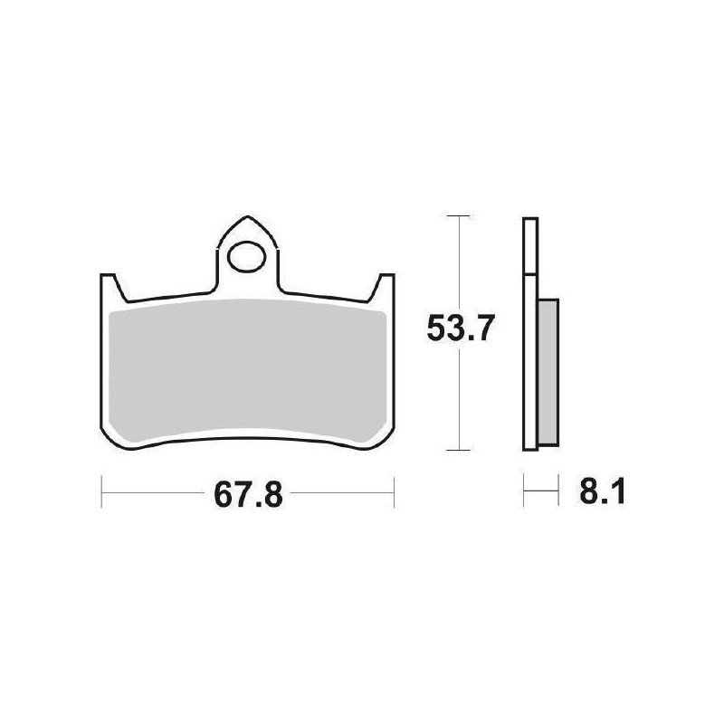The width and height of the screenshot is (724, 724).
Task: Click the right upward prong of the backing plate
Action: click(x=386, y=288)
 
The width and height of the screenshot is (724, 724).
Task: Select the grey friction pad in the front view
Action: click(x=246, y=371)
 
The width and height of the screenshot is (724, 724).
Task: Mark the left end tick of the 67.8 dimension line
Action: click(x=100, y=494)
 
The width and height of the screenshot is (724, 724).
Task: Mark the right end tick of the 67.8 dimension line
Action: click(x=394, y=494)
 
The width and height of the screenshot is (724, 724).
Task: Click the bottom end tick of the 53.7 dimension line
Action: click(x=460, y=450)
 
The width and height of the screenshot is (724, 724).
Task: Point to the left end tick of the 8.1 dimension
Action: click(x=524, y=494)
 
